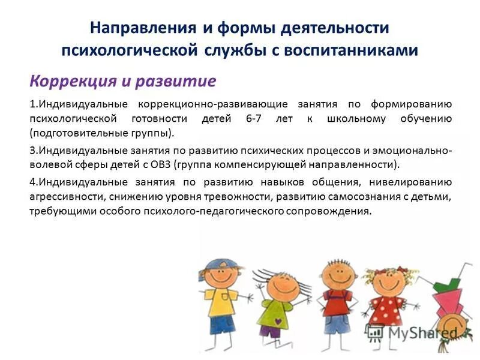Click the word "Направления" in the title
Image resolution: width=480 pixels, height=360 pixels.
click(x=142, y=28)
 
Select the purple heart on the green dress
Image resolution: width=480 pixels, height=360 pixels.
click(x=274, y=313)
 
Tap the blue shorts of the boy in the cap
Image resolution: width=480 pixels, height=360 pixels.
click(x=222, y=325)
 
